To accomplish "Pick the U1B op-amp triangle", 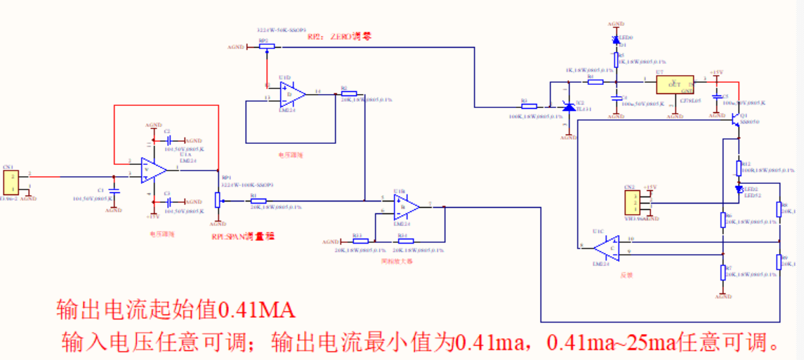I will pyautogui.click(x=406, y=206).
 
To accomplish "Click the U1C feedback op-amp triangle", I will pyautogui.click(x=605, y=247).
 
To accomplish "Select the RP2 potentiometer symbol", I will pyautogui.click(x=266, y=47).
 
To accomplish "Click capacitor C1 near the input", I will pyautogui.click(x=114, y=190).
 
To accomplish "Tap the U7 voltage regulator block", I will pyautogui.click(x=674, y=85).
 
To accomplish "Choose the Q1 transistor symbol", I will pyautogui.click(x=736, y=120).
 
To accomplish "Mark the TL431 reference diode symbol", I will pyautogui.click(x=569, y=107).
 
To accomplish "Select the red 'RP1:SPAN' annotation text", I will pyautogui.click(x=243, y=236).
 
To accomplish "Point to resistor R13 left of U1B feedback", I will pyautogui.click(x=360, y=241).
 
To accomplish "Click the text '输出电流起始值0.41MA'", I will pyautogui.click(x=176, y=309).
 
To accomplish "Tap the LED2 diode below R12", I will pyautogui.click(x=739, y=189).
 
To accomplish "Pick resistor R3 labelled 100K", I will pyautogui.click(x=529, y=107).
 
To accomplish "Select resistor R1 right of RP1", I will pyautogui.click(x=258, y=201).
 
